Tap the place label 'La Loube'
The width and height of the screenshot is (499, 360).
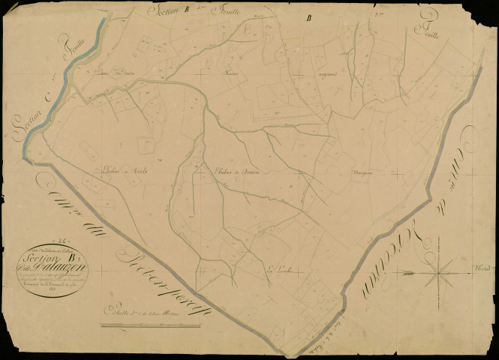(278, 267)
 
